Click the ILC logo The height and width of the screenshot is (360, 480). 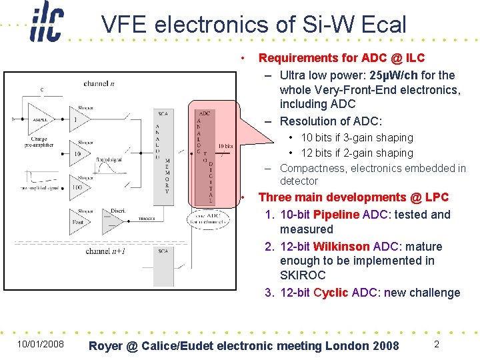click(x=46, y=25)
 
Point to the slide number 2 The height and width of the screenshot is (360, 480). click(x=436, y=344)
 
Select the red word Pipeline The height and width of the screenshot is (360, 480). click(x=336, y=215)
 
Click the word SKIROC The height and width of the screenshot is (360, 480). click(x=303, y=275)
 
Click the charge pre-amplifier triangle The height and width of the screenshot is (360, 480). click(x=39, y=119)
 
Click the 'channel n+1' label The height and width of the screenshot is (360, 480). click(x=107, y=251)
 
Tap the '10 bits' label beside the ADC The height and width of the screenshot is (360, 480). click(x=225, y=147)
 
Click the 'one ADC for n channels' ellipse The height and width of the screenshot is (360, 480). click(x=208, y=220)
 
